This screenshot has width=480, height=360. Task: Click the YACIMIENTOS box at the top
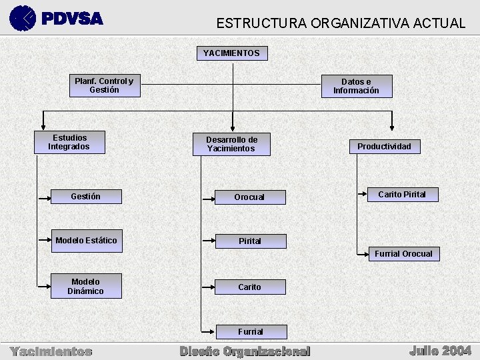pos(231,53)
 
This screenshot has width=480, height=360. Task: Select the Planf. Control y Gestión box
pos(105,86)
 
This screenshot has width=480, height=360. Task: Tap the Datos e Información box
pos(357,87)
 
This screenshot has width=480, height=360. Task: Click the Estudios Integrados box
pos(70,143)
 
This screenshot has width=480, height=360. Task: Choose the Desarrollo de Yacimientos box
pos(231,144)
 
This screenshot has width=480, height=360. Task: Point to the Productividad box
pos(385,147)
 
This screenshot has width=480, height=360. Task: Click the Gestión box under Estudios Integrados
pos(86,197)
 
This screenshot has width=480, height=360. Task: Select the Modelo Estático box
pos(86,241)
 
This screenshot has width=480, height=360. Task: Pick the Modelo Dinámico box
pos(86,287)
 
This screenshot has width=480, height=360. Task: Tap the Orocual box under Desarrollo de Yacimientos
pos(249,197)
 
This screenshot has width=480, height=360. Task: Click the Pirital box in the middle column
pos(250,241)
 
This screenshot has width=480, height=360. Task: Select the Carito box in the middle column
pos(250,287)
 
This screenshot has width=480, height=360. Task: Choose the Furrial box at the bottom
pos(251,332)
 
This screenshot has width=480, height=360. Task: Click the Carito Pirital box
pos(403,195)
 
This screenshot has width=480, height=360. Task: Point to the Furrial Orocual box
pos(403,254)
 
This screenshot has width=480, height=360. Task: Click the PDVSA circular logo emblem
pos(23,18)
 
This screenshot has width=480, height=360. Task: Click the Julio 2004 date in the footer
pos(441,350)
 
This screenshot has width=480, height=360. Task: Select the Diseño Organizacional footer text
pos(245,351)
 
